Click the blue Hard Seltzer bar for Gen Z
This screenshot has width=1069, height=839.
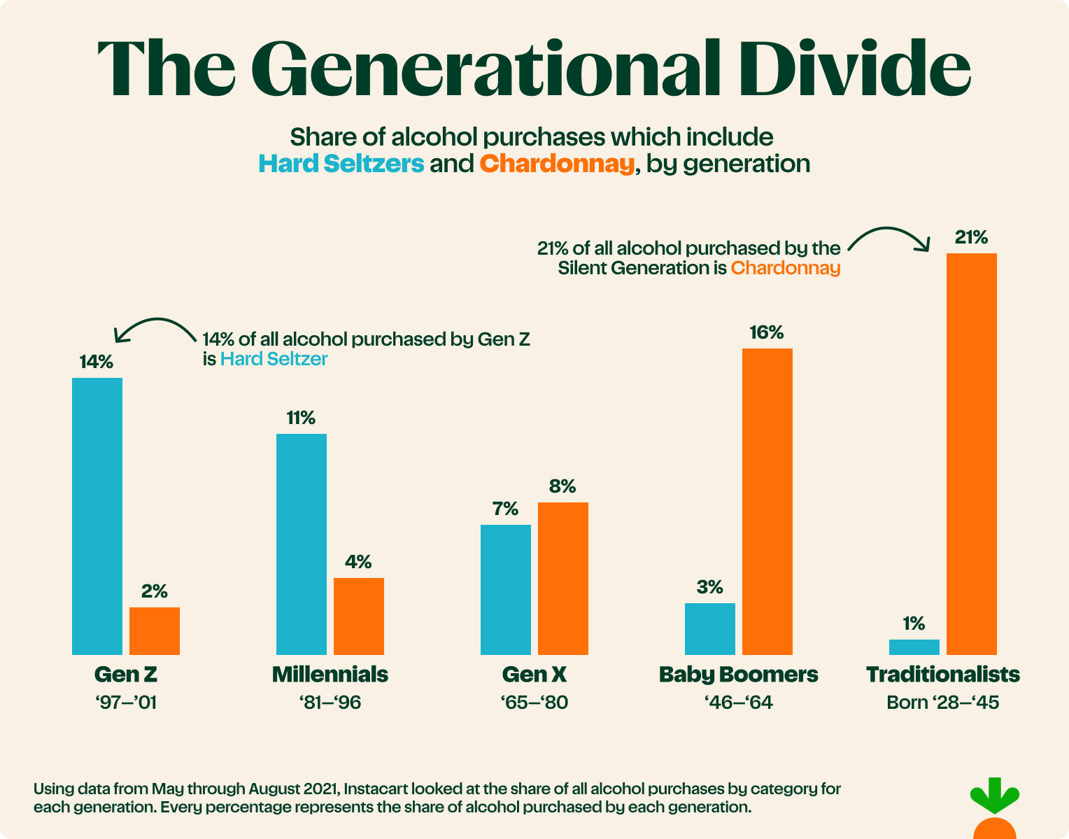pyautogui.click(x=97, y=516)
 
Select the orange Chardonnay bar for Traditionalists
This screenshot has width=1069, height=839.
pyautogui.click(x=971, y=453)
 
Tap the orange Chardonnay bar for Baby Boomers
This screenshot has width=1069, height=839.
pyautogui.click(x=767, y=501)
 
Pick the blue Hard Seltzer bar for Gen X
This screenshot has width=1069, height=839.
pyautogui.click(x=505, y=589)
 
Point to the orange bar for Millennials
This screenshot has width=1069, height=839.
pyautogui.click(x=358, y=616)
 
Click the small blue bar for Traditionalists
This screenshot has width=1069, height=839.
pyautogui.click(x=914, y=647)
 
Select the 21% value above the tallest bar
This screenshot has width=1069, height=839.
pyautogui.click(x=971, y=238)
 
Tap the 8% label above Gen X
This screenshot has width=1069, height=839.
pyautogui.click(x=562, y=486)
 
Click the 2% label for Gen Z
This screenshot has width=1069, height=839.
pyautogui.click(x=154, y=591)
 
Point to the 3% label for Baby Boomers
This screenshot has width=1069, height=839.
pyautogui.click(x=709, y=587)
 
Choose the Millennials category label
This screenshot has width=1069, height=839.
pyautogui.click(x=330, y=674)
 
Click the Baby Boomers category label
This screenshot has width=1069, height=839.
pyautogui.click(x=738, y=674)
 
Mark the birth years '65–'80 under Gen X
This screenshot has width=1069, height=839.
pyautogui.click(x=534, y=702)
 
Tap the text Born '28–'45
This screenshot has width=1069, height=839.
pyautogui.click(x=942, y=702)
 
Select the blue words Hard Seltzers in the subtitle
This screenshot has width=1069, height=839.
pyautogui.click(x=341, y=164)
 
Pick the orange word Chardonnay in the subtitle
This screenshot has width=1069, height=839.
pyautogui.click(x=557, y=164)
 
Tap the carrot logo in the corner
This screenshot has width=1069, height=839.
pyautogui.click(x=994, y=812)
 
